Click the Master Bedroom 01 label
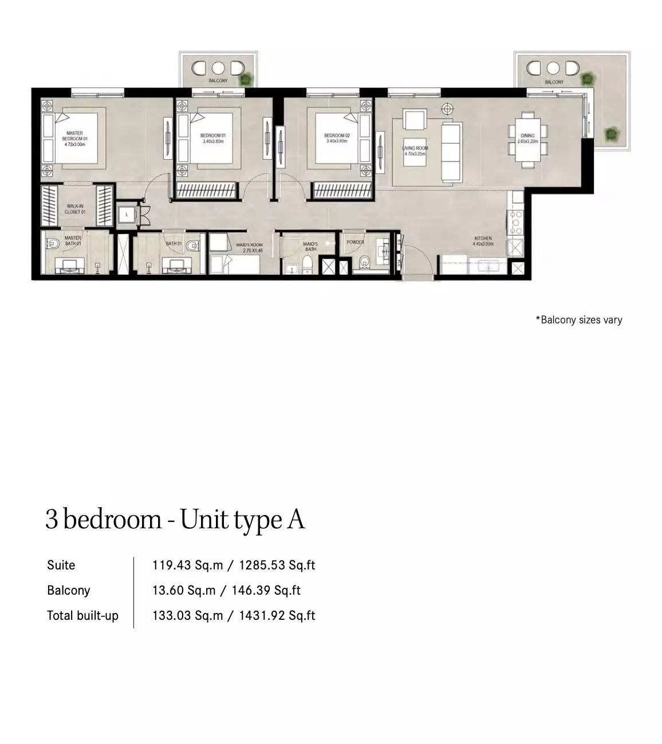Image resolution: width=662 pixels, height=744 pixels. [75, 139]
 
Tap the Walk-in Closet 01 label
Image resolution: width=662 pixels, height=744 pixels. [75, 209]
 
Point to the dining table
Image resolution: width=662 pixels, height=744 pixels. [527, 138]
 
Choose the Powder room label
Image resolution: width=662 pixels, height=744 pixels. [355, 242]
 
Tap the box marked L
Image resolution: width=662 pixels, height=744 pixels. [126, 215]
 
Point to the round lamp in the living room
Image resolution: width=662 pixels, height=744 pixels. [447, 108]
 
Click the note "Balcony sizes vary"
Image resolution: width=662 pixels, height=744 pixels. [579, 320]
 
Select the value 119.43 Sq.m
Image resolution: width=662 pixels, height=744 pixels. [187, 565]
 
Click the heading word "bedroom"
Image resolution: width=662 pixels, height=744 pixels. [112, 520]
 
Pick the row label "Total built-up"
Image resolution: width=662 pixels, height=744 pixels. [82, 616]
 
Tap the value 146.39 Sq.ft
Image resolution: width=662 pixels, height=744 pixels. [266, 591]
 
